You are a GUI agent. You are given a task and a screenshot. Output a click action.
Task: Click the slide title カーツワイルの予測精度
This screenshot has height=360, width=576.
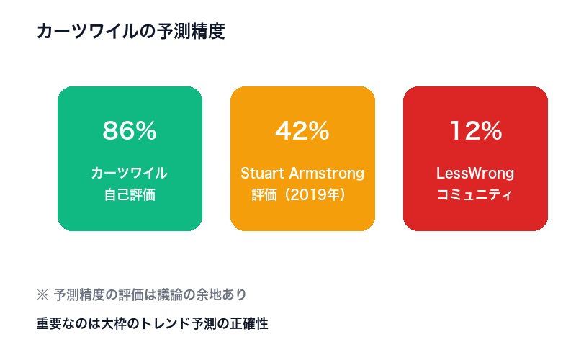130,32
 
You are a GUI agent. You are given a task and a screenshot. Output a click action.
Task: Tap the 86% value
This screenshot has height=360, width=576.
130,131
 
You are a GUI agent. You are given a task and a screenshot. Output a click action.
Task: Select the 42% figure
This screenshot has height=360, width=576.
302,131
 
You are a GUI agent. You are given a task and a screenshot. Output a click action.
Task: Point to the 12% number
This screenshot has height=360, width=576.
475,131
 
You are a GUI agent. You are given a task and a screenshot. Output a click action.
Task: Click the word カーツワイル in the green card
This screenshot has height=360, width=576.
130,174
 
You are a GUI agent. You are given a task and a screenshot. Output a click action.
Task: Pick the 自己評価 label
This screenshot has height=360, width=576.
130,194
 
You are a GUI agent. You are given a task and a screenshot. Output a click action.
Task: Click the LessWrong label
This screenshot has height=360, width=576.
475,174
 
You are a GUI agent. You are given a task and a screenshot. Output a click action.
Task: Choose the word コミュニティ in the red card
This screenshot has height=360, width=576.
475,194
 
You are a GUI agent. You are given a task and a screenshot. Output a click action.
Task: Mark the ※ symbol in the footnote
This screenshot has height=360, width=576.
41,294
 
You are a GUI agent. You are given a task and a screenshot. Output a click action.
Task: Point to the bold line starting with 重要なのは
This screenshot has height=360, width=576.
152,324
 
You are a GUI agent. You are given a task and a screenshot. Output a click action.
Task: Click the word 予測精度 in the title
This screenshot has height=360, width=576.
196,32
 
